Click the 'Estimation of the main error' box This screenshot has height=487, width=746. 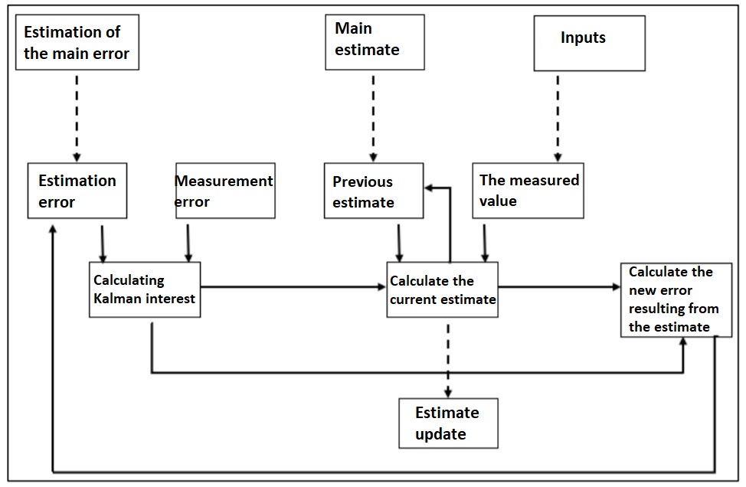[x=77, y=43]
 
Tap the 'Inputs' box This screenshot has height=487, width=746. [x=589, y=43]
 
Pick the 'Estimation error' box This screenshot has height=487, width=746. [x=77, y=191]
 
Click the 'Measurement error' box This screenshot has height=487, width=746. [x=225, y=191]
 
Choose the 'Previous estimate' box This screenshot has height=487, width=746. [x=373, y=191]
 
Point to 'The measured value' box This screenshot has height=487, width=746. [x=528, y=191]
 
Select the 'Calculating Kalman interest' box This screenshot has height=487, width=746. [x=145, y=289]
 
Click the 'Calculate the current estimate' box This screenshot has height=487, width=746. [x=442, y=289]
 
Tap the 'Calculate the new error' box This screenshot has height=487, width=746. [x=670, y=300]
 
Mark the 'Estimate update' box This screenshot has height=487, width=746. [x=448, y=423]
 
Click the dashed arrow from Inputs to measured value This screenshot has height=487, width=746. [x=557, y=115]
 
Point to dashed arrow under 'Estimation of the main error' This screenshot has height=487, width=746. [x=77, y=115]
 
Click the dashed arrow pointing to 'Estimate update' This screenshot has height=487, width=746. [x=448, y=356]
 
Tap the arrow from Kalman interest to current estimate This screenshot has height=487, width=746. [x=291, y=288]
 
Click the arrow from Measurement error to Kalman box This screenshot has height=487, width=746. [x=187, y=241]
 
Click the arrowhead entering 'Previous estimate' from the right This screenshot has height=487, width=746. [x=430, y=186]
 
